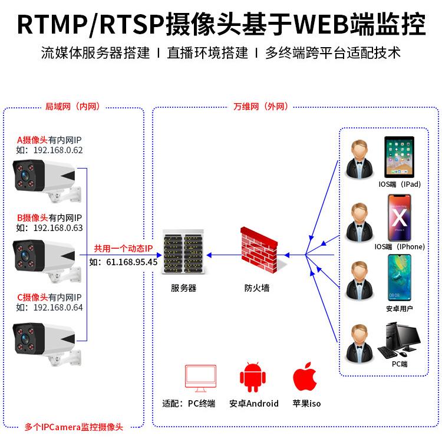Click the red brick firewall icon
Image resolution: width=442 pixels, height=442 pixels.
[x=259, y=250]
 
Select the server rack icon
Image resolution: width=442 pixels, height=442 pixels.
[x=184, y=252]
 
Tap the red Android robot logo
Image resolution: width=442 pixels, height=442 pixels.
[x=253, y=377]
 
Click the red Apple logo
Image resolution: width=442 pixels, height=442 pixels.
[x=305, y=377]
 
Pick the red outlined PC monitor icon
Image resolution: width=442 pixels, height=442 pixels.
[x=200, y=378]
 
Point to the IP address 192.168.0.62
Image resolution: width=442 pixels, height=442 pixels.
[x=58, y=150]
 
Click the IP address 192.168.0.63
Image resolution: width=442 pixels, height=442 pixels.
[x=58, y=227]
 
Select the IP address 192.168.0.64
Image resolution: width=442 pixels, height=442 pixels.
[x=58, y=308]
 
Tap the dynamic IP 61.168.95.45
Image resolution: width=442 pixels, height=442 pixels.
[x=131, y=262]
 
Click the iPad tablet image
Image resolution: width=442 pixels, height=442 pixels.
[x=400, y=157]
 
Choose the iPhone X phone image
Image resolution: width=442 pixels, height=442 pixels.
[x=400, y=217]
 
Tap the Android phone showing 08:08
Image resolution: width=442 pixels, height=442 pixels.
[x=400, y=278]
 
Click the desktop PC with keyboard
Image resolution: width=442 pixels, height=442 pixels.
[x=399, y=340]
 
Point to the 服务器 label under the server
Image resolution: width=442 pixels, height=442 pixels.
[x=183, y=288]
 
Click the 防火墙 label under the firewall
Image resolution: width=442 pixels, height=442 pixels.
[x=257, y=288]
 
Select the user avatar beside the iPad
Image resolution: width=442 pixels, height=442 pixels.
[x=359, y=159]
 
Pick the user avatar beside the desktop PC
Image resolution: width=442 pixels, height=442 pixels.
[x=359, y=344]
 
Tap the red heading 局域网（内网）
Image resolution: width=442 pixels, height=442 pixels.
[x=72, y=107]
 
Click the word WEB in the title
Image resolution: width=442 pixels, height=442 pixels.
[x=322, y=24]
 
